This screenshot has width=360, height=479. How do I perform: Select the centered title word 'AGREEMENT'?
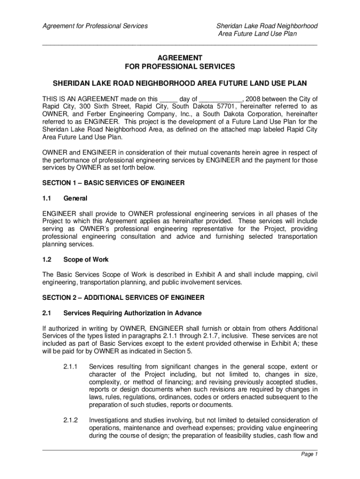180,57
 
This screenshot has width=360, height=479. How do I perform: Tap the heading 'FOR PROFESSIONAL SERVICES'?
180,66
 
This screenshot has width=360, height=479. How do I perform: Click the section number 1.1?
47,198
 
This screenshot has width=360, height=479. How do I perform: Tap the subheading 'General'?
75,198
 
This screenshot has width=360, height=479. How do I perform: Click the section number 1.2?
47,259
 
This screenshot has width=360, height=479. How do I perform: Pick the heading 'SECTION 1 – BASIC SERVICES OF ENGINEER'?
114,182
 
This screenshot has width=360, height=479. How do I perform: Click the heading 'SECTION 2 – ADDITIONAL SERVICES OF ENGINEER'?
123,298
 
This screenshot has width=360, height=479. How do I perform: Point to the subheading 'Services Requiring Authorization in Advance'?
132,313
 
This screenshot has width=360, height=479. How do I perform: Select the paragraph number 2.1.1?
72,366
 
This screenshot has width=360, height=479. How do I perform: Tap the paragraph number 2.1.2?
72,420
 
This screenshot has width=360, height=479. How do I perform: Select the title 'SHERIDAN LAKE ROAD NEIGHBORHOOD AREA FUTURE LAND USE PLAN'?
180,84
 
